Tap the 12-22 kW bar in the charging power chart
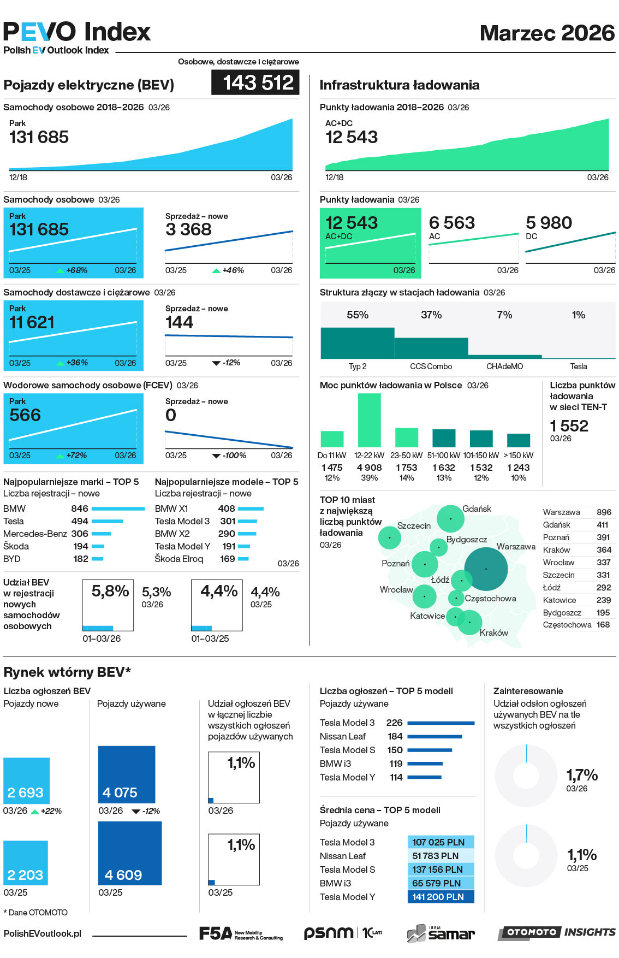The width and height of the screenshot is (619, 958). coord(369,420)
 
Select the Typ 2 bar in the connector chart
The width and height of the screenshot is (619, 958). coord(357,342)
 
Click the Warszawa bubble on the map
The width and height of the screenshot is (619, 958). coord(486,569)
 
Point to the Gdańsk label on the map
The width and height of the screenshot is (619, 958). coord(477,508)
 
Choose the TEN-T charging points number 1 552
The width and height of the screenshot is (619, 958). coord(569,426)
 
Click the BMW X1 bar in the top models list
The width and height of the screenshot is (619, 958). coord(251,508)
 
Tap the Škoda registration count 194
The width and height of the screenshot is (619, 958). coord(81,546)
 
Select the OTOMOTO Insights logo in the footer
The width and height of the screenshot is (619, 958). coord(557,932)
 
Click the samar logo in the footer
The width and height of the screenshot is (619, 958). coord(441,933)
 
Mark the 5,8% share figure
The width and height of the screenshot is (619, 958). coord(110,591)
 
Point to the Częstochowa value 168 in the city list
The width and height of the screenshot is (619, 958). coord(603,625)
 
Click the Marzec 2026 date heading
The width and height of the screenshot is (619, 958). coord(547,33)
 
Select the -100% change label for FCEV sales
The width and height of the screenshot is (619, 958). coord(234,456)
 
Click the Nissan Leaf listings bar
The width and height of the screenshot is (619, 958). coord(435,736)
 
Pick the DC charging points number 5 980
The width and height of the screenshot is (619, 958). coord(549,223)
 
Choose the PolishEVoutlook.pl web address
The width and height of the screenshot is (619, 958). coord(43,933)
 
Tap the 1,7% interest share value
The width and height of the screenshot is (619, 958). coord(581,775)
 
